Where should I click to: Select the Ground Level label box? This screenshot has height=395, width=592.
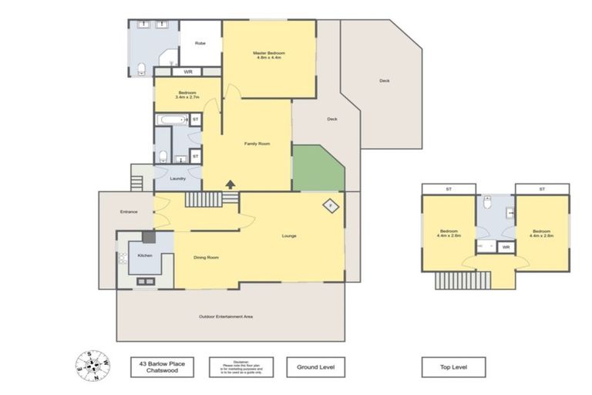[x=315, y=366]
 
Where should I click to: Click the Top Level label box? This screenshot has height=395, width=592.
[x=453, y=366]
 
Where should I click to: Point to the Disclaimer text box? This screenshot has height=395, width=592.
[x=241, y=366]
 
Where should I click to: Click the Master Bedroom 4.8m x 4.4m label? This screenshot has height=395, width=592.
[x=269, y=55]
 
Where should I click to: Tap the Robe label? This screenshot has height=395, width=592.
[x=200, y=43]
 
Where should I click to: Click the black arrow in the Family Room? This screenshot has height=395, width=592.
[x=230, y=184]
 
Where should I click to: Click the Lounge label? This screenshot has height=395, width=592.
[x=289, y=235]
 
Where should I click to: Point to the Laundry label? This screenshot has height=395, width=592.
[x=179, y=178]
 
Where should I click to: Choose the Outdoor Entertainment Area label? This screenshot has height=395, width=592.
[x=226, y=316]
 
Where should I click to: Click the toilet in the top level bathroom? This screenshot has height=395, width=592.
[x=487, y=204]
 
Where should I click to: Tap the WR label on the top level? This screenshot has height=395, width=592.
[x=506, y=247]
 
